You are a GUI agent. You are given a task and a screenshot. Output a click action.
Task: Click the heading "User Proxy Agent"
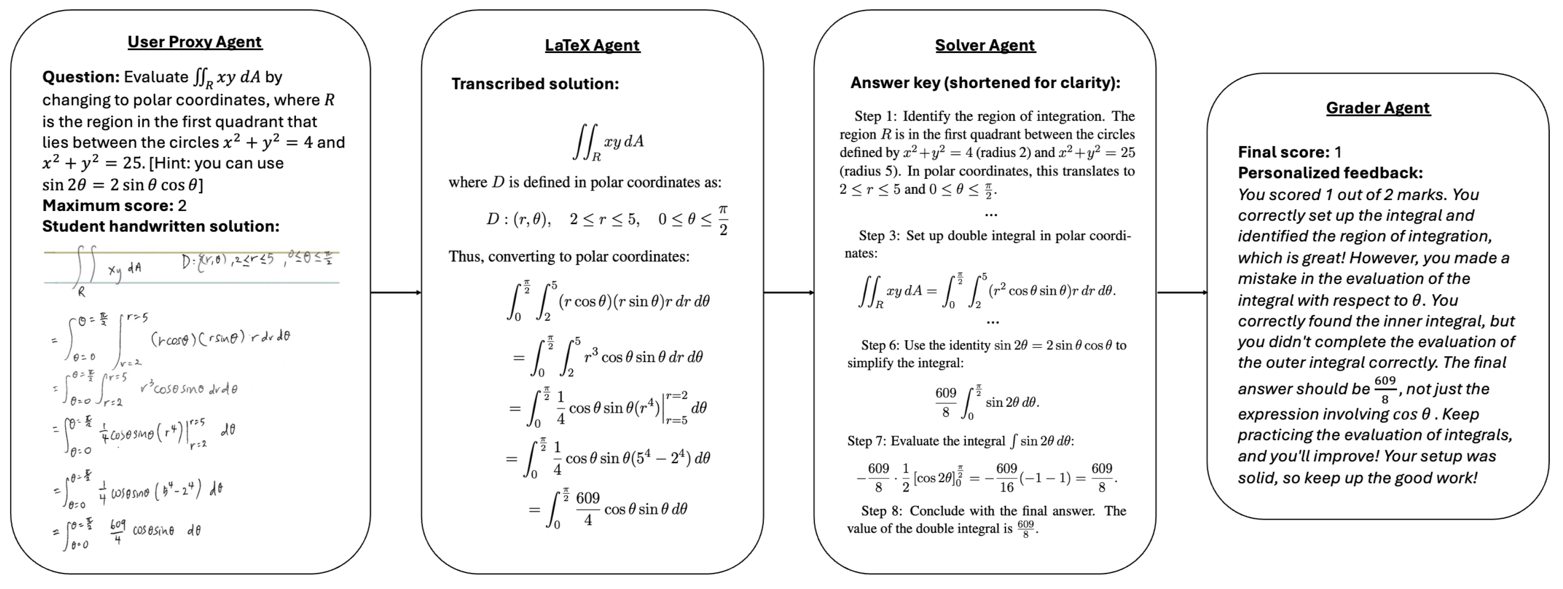194,42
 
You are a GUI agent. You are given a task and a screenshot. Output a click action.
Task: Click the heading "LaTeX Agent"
592,45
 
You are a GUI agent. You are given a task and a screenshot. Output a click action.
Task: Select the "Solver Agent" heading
985,45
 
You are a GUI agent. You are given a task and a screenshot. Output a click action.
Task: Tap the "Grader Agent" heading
1378,108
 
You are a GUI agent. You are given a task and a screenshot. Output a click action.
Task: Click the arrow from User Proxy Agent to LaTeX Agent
396,293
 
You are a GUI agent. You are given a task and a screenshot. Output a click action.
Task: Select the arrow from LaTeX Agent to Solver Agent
789,293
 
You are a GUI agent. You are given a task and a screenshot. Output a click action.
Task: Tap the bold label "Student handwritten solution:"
161,227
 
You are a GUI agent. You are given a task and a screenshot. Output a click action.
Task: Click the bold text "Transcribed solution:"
535,84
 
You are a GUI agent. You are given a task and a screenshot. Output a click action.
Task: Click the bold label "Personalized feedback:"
1330,173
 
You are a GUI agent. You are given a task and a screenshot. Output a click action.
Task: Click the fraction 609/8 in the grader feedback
1385,389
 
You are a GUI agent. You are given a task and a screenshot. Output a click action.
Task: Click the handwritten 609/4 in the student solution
118,531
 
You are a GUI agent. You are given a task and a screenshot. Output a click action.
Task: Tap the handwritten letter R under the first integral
81,292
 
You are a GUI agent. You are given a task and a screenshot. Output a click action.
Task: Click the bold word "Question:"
81,77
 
